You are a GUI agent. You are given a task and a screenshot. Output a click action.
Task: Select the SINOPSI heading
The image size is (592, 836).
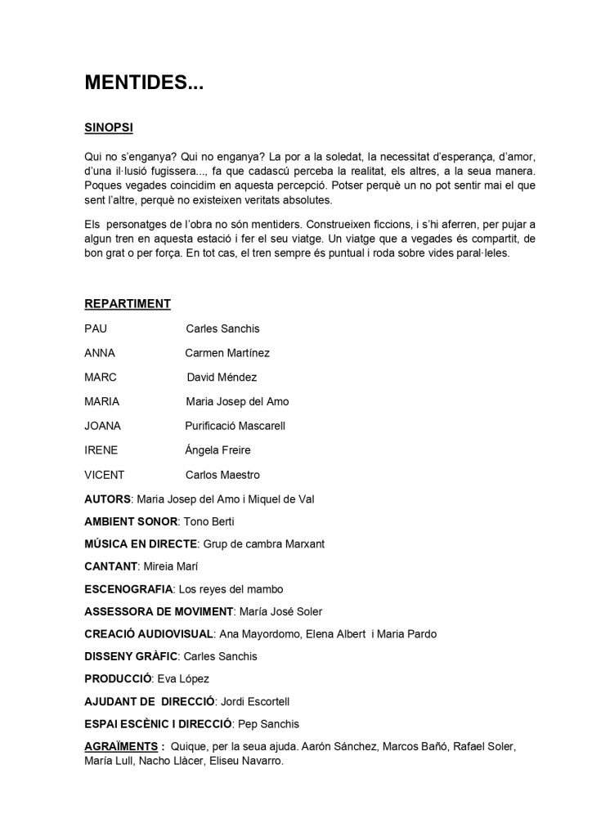click(x=109, y=127)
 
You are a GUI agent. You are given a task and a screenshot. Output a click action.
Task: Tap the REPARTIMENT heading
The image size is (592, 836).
click(x=128, y=304)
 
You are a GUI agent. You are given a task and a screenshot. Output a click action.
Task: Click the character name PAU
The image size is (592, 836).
click(x=96, y=329)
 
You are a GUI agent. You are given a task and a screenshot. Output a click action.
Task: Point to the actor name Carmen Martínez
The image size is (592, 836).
click(x=227, y=353)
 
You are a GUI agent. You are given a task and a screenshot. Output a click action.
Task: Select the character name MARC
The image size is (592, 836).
click(x=101, y=378)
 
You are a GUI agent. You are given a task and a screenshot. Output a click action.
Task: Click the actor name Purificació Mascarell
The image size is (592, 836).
click(x=235, y=426)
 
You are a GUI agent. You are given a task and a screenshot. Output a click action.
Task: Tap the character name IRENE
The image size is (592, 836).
click(x=101, y=450)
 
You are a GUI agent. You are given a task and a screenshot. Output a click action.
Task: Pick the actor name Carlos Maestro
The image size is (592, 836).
click(x=222, y=475)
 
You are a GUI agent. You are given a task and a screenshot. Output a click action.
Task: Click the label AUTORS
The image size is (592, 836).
click(x=107, y=499)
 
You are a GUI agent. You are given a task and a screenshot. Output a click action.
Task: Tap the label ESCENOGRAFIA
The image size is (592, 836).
click(x=128, y=588)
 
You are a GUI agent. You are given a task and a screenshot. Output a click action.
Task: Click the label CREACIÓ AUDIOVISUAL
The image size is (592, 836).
click(x=149, y=633)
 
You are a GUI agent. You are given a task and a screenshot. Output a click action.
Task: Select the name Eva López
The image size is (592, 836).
click(x=184, y=678)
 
